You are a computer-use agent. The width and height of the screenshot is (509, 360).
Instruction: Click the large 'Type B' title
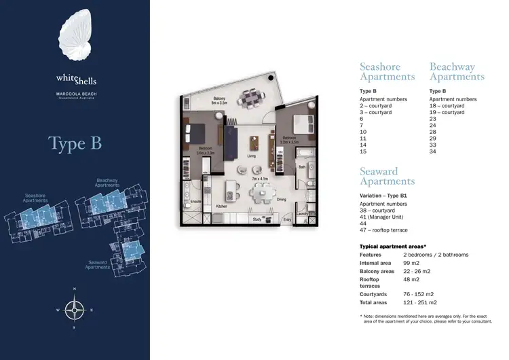[x=75, y=144]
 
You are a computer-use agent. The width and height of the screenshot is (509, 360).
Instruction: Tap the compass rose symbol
[x=75, y=310]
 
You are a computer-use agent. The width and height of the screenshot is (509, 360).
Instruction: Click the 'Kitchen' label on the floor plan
[x=221, y=206]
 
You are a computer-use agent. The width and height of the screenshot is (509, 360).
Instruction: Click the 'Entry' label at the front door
[x=286, y=219]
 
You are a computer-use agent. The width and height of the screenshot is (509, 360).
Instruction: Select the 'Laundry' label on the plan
[x=302, y=214]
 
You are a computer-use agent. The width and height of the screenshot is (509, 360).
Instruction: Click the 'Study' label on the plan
[x=257, y=219]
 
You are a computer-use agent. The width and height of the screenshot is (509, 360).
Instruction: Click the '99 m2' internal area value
[x=407, y=262]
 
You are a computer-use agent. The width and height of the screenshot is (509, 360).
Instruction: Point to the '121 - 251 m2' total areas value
[x=419, y=302]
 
